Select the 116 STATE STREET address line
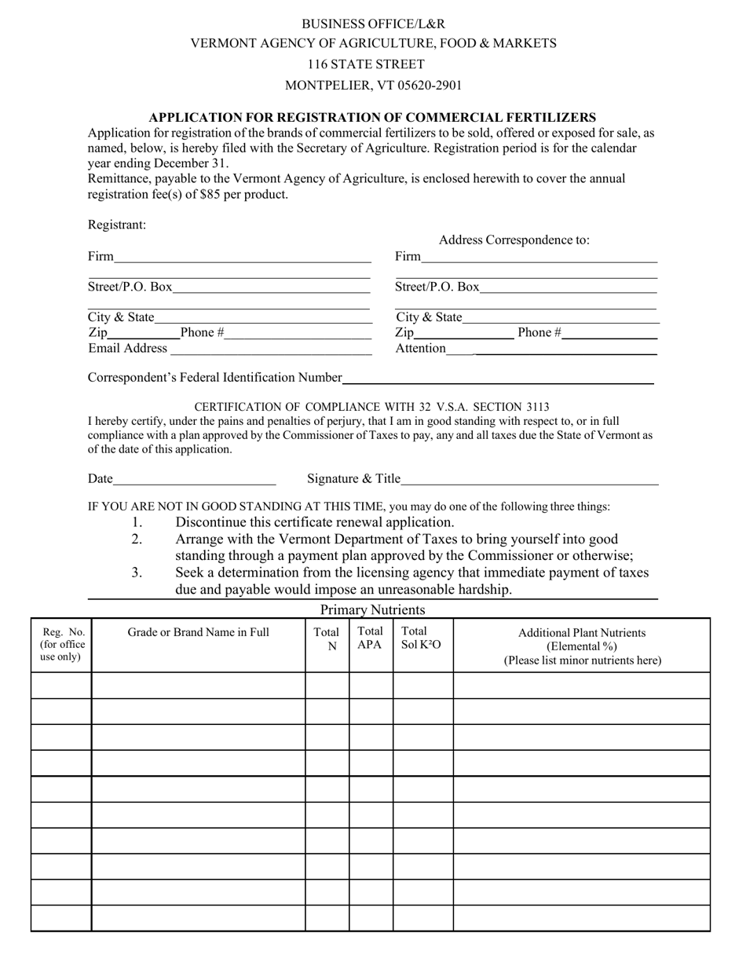coord(366,64)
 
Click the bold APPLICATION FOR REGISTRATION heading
coord(372,117)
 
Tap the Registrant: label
coord(116,225)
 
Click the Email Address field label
coord(127,348)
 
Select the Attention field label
coord(420,348)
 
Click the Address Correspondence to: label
coord(514,240)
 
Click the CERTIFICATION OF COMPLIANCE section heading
coord(371,407)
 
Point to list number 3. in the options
coord(137,573)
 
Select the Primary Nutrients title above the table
coord(372,609)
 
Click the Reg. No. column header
coord(61,644)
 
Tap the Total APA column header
coord(370,638)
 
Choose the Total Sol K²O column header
coord(422,638)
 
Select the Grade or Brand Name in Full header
coord(198,632)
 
